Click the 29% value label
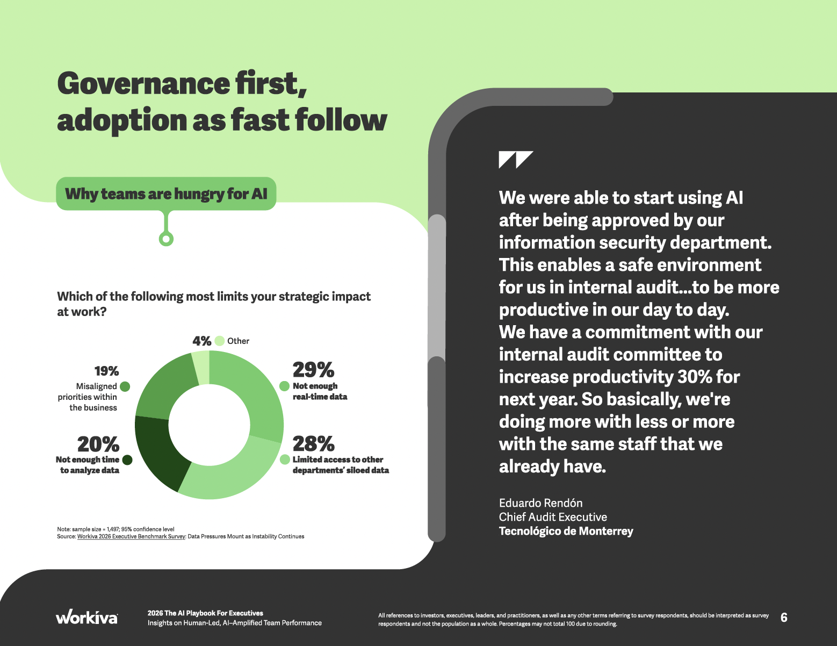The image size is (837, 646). coord(313,370)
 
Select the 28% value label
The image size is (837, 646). coord(313,443)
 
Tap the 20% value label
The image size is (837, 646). coord(98,444)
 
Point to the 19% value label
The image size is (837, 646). coord(107,371)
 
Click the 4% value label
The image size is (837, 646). coord(202,341)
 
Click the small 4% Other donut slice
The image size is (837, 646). coord(201,368)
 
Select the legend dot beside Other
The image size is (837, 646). coord(220,341)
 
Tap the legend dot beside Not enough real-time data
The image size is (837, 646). coord(284,386)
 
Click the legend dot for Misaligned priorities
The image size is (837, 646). coord(125,386)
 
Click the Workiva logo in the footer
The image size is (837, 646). coord(86,617)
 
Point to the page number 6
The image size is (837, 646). coord(784,618)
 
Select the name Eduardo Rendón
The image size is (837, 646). coord(541,503)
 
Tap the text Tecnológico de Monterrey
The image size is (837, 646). coord(566,531)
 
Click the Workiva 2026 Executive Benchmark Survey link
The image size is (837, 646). coord(131,536)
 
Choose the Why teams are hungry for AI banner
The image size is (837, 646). coord(166,194)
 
